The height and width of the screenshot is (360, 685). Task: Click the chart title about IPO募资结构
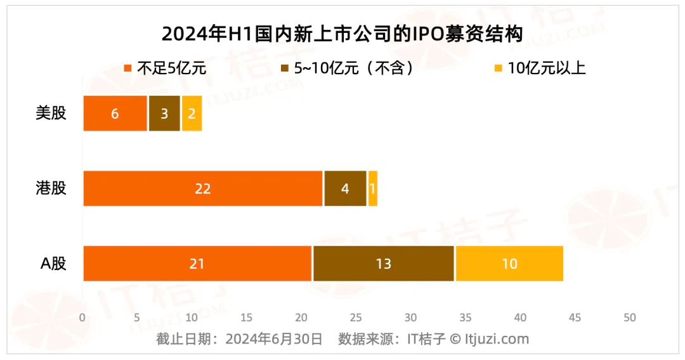pos(342,34)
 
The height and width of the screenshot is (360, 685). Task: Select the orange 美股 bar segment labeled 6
pos(115,113)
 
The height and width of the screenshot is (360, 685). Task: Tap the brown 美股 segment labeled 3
pos(164,113)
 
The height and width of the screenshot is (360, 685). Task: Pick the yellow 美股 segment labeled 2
pos(192,113)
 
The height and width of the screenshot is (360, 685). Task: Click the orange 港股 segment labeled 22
pos(203,188)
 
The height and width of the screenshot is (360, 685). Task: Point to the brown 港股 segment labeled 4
pos(345,188)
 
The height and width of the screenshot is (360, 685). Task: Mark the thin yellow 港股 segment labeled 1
pos(372,188)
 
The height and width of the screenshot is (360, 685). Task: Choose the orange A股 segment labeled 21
pos(197,263)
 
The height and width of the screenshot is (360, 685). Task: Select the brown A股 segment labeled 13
pos(383,263)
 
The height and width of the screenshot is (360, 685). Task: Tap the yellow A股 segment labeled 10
pos(509,263)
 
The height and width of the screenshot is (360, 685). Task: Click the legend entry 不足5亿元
pos(165,68)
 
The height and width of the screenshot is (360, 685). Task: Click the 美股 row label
pos(51,113)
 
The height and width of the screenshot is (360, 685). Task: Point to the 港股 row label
pos(51,188)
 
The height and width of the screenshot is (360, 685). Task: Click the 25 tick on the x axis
pos(356,317)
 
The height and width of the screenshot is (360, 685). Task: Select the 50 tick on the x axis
pos(629,317)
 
